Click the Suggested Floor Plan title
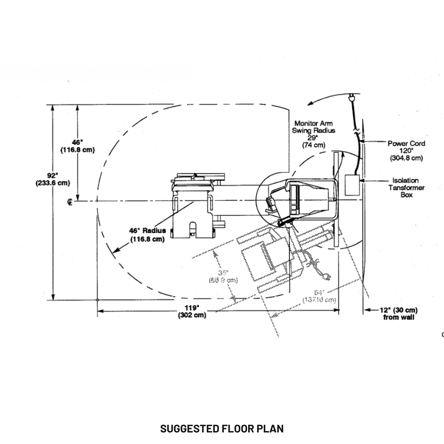(222, 428)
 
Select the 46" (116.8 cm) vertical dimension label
(78, 146)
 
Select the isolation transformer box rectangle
(352, 185)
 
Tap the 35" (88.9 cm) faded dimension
(223, 277)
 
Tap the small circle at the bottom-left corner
(97, 300)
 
